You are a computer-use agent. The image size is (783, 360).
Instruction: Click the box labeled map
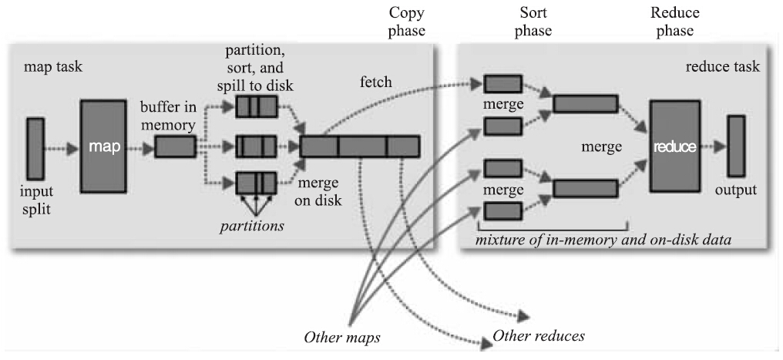(104, 146)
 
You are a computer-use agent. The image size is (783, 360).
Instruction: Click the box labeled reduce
(675, 146)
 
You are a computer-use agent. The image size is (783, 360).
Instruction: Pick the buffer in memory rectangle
(175, 146)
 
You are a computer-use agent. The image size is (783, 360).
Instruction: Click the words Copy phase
(407, 22)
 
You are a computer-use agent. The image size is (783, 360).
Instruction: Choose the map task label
(53, 67)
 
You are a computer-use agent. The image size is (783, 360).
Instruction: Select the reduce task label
(722, 67)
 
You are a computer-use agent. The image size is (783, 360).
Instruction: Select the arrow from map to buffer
(142, 146)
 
